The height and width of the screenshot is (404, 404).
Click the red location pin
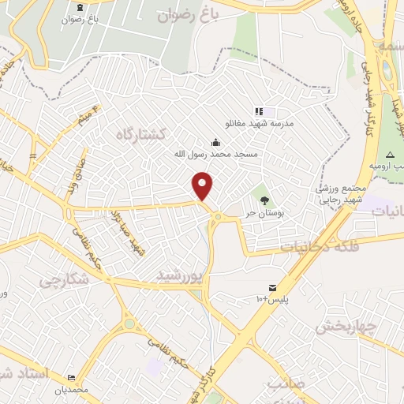[204, 186]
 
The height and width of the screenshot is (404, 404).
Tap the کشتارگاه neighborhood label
[139, 135]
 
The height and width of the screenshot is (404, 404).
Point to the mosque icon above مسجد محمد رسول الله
[216, 142]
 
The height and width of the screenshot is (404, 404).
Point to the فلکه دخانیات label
[320, 246]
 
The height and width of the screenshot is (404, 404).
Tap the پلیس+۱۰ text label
[272, 300]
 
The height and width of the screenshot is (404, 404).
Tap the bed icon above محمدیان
[72, 377]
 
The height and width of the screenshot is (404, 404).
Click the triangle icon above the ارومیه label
[388, 153]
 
